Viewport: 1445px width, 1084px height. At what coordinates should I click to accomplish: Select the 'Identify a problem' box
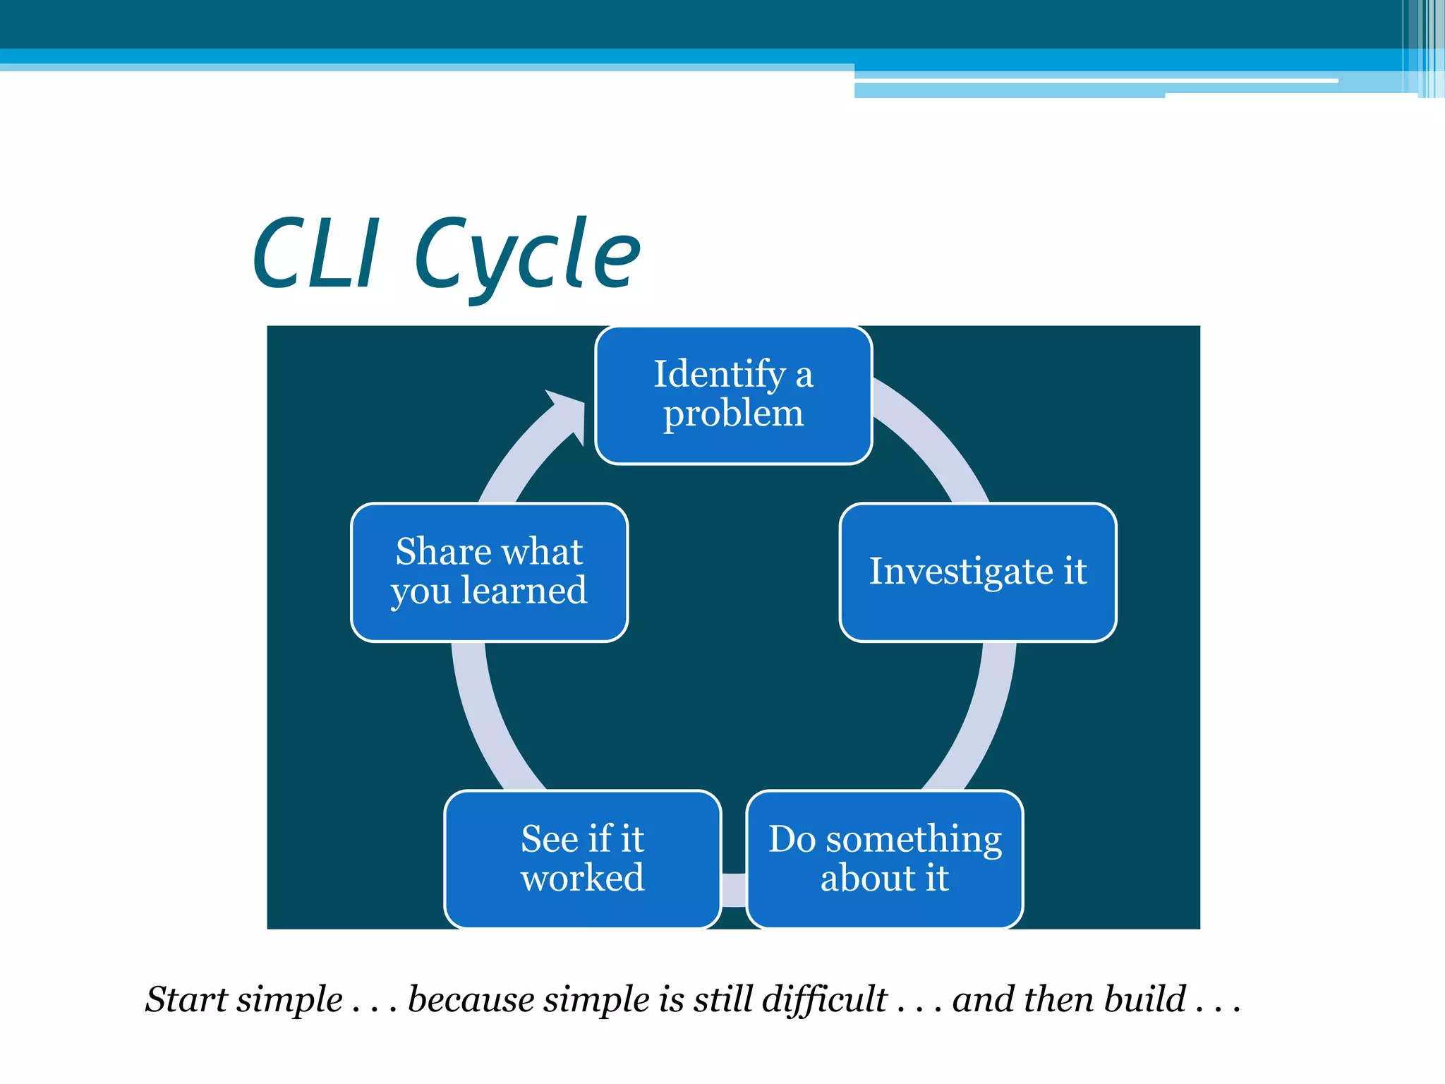[x=734, y=395]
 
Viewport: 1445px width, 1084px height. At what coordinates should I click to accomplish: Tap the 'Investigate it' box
[x=978, y=572]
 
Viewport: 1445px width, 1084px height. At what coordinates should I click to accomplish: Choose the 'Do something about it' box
[x=885, y=859]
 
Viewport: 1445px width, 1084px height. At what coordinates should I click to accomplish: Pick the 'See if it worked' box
[x=583, y=859]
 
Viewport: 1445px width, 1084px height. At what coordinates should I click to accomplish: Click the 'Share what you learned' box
[x=489, y=572]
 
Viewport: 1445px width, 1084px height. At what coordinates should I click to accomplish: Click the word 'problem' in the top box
[x=733, y=414]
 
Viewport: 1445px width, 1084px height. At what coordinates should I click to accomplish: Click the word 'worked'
[x=583, y=879]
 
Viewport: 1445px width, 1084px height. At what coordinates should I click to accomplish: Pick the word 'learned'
[x=524, y=591]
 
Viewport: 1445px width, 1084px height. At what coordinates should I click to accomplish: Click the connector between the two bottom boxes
[x=734, y=890]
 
